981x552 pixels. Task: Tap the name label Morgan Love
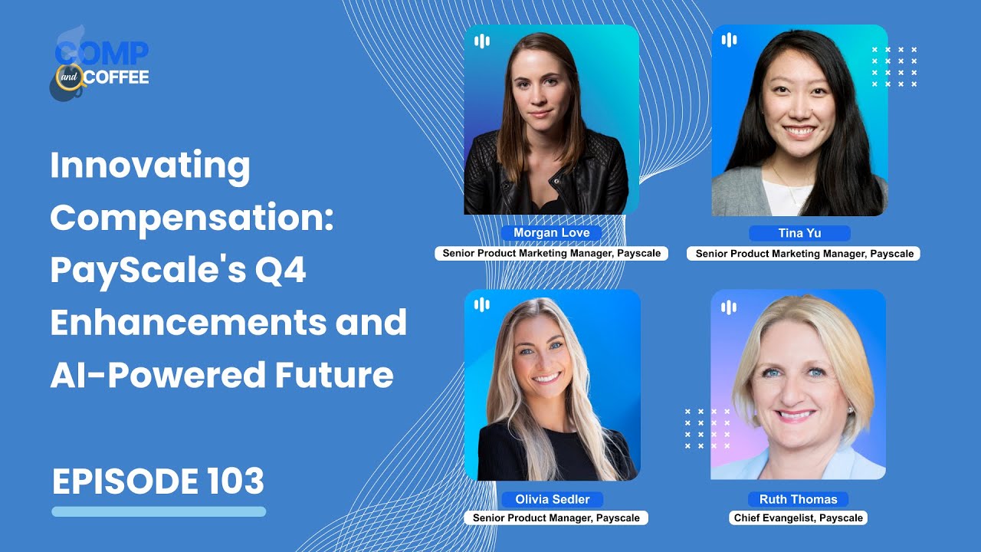pyautogui.click(x=551, y=233)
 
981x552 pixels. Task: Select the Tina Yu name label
pyautogui.click(x=799, y=233)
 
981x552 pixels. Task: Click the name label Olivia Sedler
pyautogui.click(x=552, y=499)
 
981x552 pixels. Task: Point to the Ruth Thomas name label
pyautogui.click(x=798, y=499)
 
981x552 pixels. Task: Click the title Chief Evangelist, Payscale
pyautogui.click(x=798, y=518)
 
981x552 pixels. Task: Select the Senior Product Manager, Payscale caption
pyautogui.click(x=556, y=518)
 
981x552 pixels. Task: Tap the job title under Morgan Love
pyautogui.click(x=551, y=253)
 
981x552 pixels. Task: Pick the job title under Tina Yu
pyautogui.click(x=802, y=253)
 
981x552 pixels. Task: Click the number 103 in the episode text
pyautogui.click(x=235, y=481)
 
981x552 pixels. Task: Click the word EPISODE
pyautogui.click(x=126, y=481)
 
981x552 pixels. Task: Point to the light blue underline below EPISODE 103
pyautogui.click(x=159, y=511)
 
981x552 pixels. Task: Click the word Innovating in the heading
pyautogui.click(x=150, y=166)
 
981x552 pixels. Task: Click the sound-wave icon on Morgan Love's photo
pyautogui.click(x=481, y=41)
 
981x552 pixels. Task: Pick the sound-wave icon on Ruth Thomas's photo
pyautogui.click(x=728, y=307)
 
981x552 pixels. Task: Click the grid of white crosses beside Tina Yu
pyautogui.click(x=894, y=67)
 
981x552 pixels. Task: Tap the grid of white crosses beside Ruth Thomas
pyautogui.click(x=707, y=428)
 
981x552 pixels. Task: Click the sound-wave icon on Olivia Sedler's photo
pyautogui.click(x=481, y=305)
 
